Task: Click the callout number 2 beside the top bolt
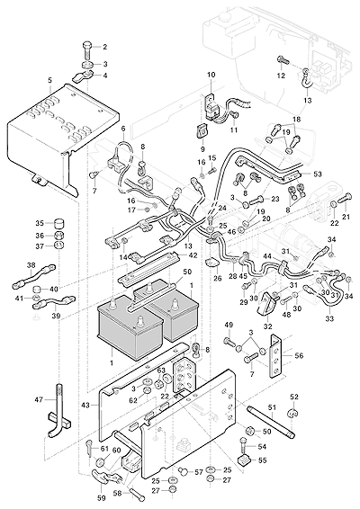104,47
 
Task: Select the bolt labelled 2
88,49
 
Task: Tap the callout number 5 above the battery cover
49,80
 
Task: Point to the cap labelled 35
58,224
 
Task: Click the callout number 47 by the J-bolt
39,399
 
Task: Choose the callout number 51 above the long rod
272,407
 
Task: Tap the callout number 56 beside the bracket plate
299,355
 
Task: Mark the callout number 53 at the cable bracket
317,174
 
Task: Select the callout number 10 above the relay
211,75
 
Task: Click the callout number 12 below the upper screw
281,76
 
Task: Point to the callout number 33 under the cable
329,318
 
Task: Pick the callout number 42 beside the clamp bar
193,255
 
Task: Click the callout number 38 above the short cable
31,265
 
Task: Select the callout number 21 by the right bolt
346,217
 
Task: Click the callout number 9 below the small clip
202,149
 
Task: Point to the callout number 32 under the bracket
267,326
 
